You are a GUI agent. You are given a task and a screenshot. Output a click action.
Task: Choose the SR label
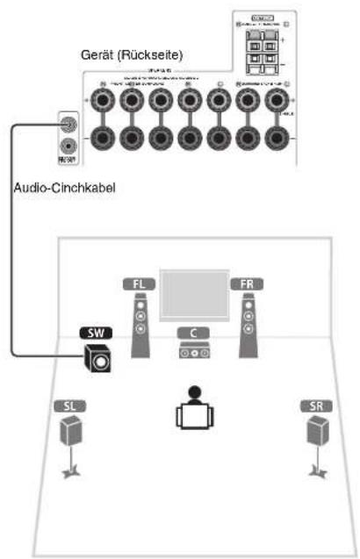tap(313, 407)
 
